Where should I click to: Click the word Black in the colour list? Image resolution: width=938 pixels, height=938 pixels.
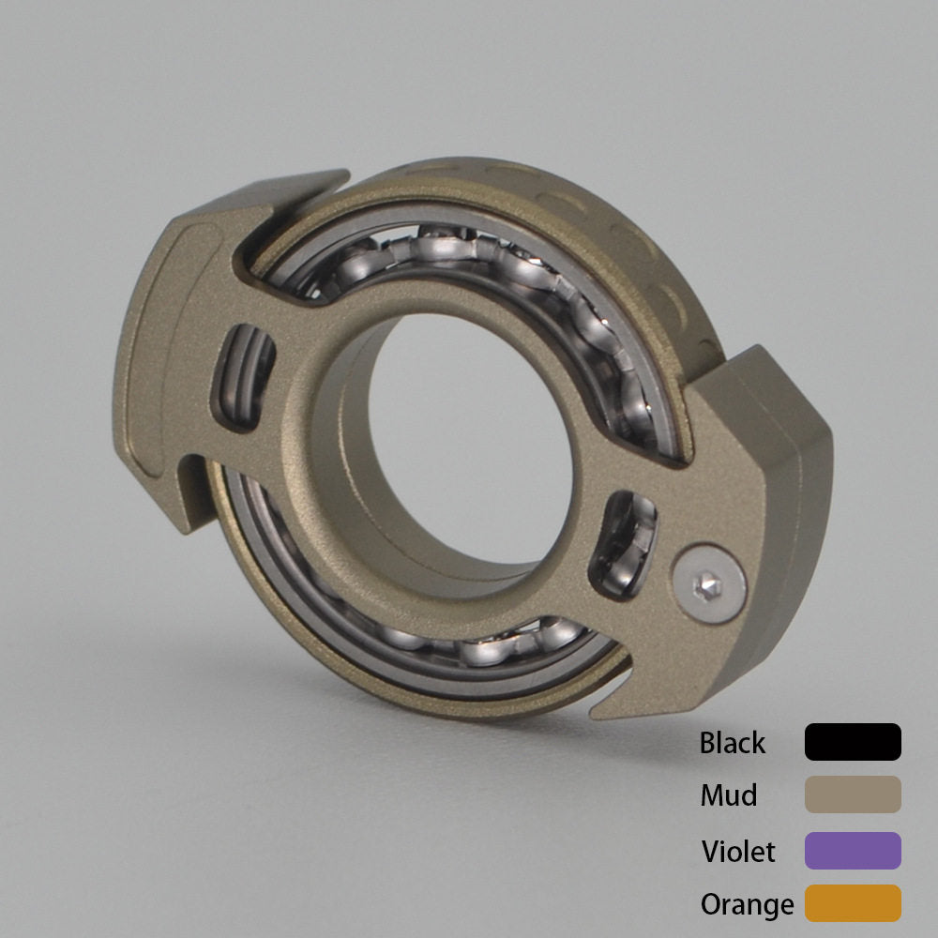tap(733, 743)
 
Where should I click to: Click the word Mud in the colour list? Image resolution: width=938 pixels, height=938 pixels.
tap(729, 795)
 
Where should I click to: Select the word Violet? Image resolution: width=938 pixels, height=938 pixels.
tap(738, 852)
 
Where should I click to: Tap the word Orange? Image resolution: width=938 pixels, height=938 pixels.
tap(748, 905)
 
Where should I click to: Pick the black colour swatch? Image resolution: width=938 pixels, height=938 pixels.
tap(853, 742)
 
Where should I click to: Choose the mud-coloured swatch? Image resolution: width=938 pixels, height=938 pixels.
tap(853, 794)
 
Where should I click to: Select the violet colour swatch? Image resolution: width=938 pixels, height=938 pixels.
tap(853, 850)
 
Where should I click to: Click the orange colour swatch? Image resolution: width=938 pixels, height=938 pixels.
tap(853, 902)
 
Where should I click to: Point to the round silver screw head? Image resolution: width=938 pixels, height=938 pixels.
tap(709, 583)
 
